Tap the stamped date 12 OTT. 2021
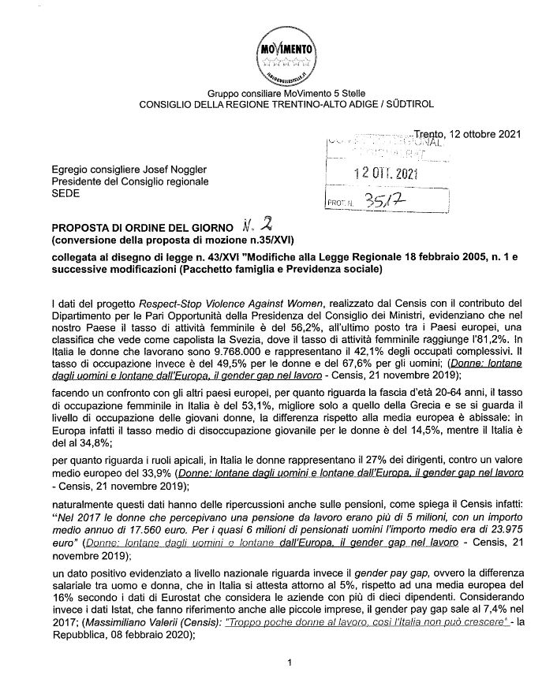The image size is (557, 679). pyautogui.click(x=385, y=173)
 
